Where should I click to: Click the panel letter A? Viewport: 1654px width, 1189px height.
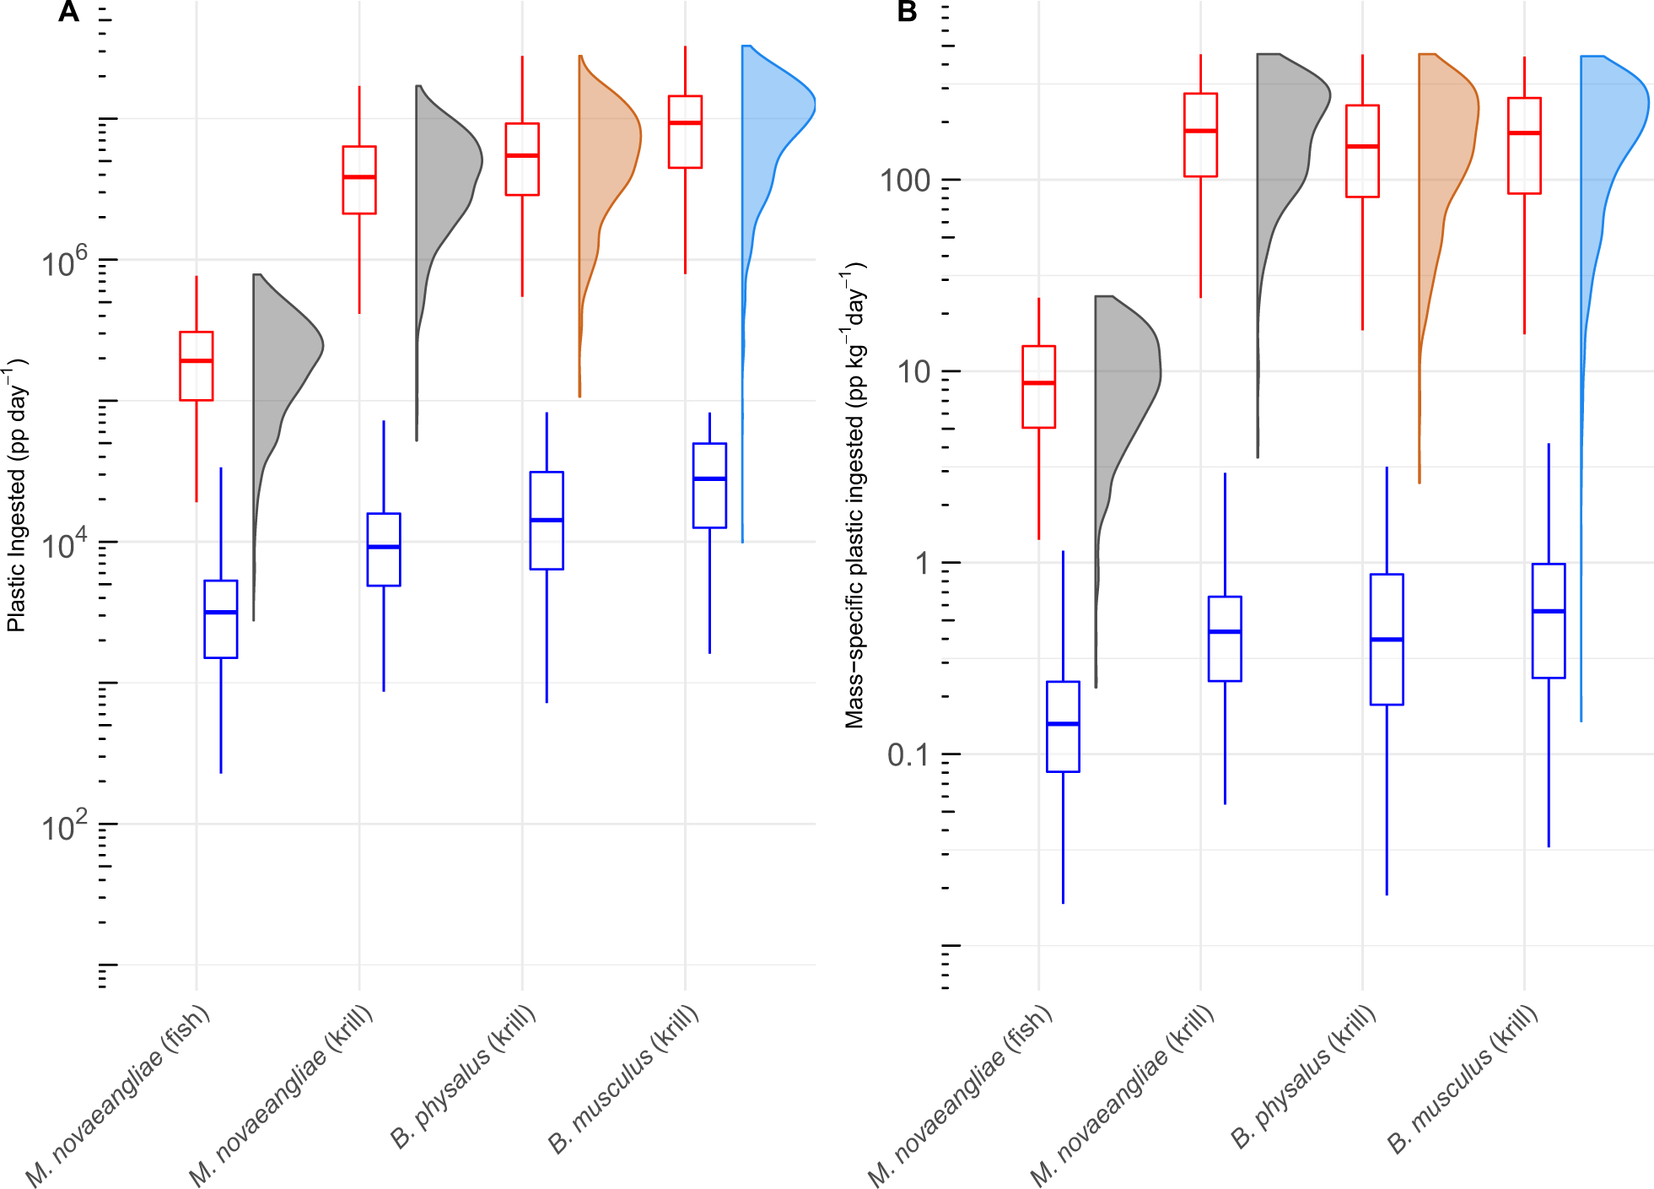click(x=68, y=12)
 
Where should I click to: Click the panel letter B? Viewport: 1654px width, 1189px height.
click(x=907, y=12)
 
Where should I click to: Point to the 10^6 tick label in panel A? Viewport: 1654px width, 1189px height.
click(x=64, y=262)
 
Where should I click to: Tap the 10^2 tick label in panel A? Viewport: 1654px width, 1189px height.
click(x=64, y=826)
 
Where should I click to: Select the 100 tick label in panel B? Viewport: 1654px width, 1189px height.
click(x=904, y=181)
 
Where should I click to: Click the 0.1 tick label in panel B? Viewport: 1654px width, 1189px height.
click(x=908, y=754)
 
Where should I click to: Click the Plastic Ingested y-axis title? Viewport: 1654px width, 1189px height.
click(x=17, y=495)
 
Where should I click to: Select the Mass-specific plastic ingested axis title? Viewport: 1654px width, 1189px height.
click(x=855, y=495)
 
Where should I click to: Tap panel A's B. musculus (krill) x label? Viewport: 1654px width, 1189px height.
click(x=624, y=1079)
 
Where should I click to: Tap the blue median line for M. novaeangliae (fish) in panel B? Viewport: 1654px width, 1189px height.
click(x=1063, y=723)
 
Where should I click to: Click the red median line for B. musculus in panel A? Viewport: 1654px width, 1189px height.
click(x=685, y=123)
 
